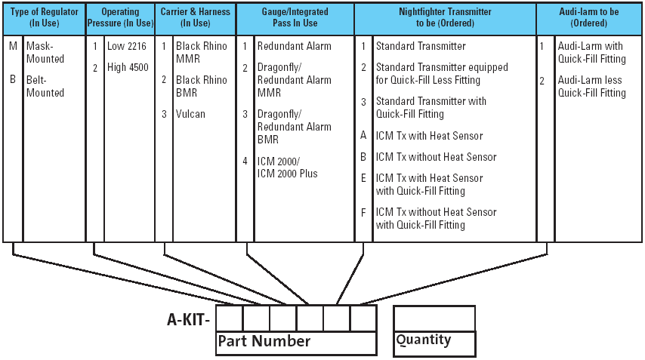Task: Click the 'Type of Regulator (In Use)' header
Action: tap(44, 17)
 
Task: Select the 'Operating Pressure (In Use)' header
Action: tap(120, 17)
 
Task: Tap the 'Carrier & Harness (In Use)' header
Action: tap(196, 17)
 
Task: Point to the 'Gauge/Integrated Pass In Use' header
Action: tap(295, 17)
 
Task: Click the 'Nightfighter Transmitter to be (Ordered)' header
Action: tap(445, 17)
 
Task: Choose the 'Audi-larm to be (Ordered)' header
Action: tap(589, 17)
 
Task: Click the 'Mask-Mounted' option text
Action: tap(45, 52)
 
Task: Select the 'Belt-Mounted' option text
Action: tap(45, 86)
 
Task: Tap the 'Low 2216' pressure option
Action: tap(127, 46)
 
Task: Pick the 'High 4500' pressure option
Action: tap(128, 67)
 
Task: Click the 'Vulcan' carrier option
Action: tap(190, 114)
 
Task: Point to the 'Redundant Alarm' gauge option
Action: tap(294, 46)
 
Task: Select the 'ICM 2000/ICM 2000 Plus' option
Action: tap(287, 167)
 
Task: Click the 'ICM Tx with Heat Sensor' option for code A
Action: tap(429, 136)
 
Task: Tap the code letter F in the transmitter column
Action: tap(363, 212)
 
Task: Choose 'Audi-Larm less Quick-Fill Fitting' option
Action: tap(591, 86)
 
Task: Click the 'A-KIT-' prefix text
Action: tap(189, 318)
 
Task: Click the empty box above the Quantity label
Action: tap(434, 318)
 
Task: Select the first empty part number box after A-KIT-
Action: tap(230, 318)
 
